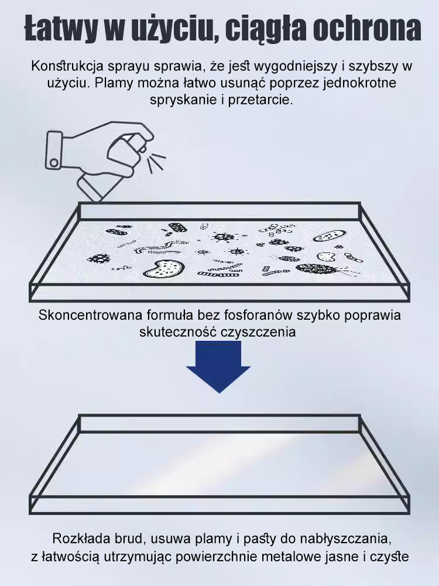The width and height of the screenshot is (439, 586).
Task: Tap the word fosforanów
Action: click(x=264, y=314)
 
